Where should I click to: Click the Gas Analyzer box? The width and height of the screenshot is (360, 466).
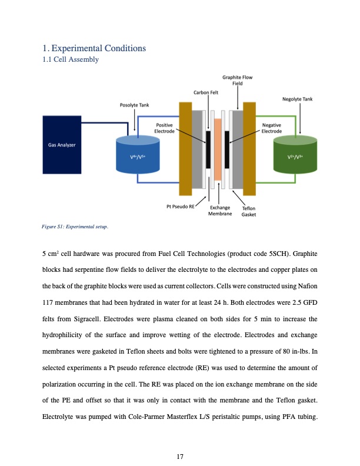coord(62,145)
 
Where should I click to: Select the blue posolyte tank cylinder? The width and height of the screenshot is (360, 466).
coord(136,156)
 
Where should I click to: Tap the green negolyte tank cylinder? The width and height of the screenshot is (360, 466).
coord(298,156)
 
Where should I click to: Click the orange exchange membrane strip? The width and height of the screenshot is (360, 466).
coord(218,149)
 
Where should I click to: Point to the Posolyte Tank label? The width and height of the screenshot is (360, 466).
coord(134,105)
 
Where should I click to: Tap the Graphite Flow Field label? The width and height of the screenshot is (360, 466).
coord(238,80)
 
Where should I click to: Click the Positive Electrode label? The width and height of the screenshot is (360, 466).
coord(164,128)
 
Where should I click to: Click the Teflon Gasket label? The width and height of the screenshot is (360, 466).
coord(249,211)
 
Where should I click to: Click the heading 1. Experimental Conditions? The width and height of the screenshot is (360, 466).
coord(94,48)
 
